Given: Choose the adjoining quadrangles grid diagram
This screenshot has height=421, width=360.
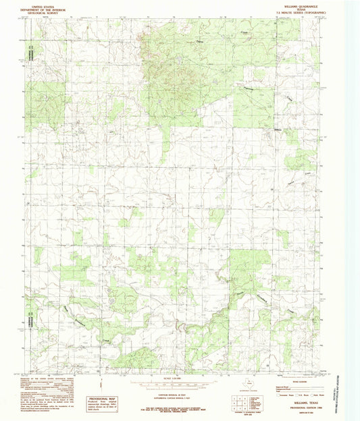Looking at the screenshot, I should pos(233,402).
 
